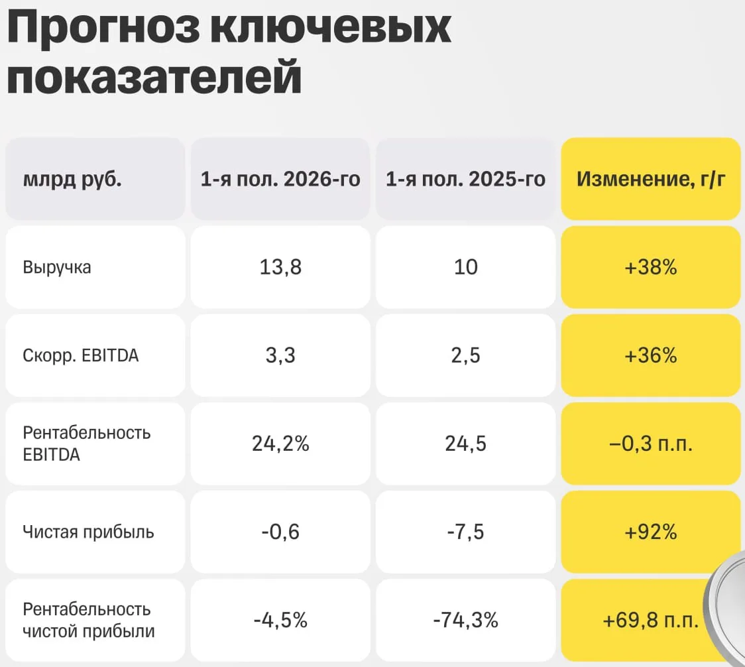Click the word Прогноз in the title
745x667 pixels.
103,29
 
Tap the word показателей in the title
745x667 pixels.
154,76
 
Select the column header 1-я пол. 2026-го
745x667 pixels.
280,179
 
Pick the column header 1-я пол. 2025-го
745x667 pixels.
465,179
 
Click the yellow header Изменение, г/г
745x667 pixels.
651,179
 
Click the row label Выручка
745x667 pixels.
57,268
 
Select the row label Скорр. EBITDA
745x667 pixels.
81,355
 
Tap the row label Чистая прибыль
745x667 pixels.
88,532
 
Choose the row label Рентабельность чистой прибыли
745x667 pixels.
89,620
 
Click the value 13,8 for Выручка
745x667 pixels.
280,267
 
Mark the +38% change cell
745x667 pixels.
651,267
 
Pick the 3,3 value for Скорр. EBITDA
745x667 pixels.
280,355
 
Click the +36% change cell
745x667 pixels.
651,355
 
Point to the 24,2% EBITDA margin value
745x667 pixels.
280,444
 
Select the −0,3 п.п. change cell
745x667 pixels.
651,444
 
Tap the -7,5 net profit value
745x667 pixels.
465,532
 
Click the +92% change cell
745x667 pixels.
651,532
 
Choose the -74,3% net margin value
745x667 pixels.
465,620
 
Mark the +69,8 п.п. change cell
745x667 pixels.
651,620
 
